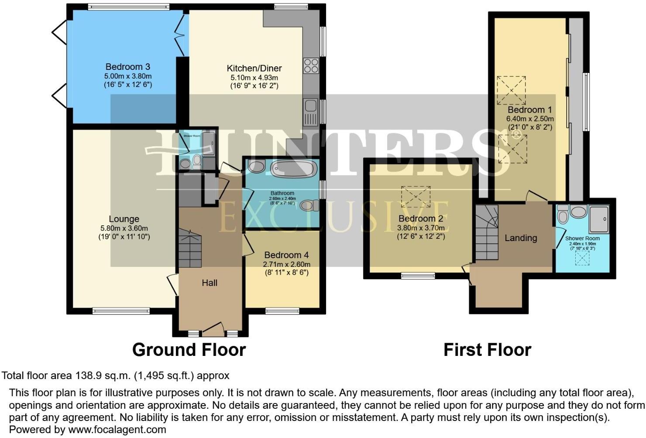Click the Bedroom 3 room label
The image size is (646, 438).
(x=127, y=67)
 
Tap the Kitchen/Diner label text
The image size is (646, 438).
(x=254, y=69)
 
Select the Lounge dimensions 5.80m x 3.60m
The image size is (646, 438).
(x=124, y=228)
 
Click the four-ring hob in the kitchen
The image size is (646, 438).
(x=311, y=66)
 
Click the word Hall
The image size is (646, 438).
(x=210, y=283)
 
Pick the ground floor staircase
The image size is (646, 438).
(x=190, y=249)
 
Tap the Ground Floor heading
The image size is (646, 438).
(x=189, y=350)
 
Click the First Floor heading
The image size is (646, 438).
(x=487, y=350)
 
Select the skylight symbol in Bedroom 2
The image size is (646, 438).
(x=416, y=197)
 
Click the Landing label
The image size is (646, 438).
(x=520, y=238)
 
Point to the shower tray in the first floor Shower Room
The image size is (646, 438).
(x=598, y=219)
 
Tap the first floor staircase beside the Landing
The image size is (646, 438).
(x=487, y=234)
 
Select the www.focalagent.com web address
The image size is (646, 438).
(x=117, y=429)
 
